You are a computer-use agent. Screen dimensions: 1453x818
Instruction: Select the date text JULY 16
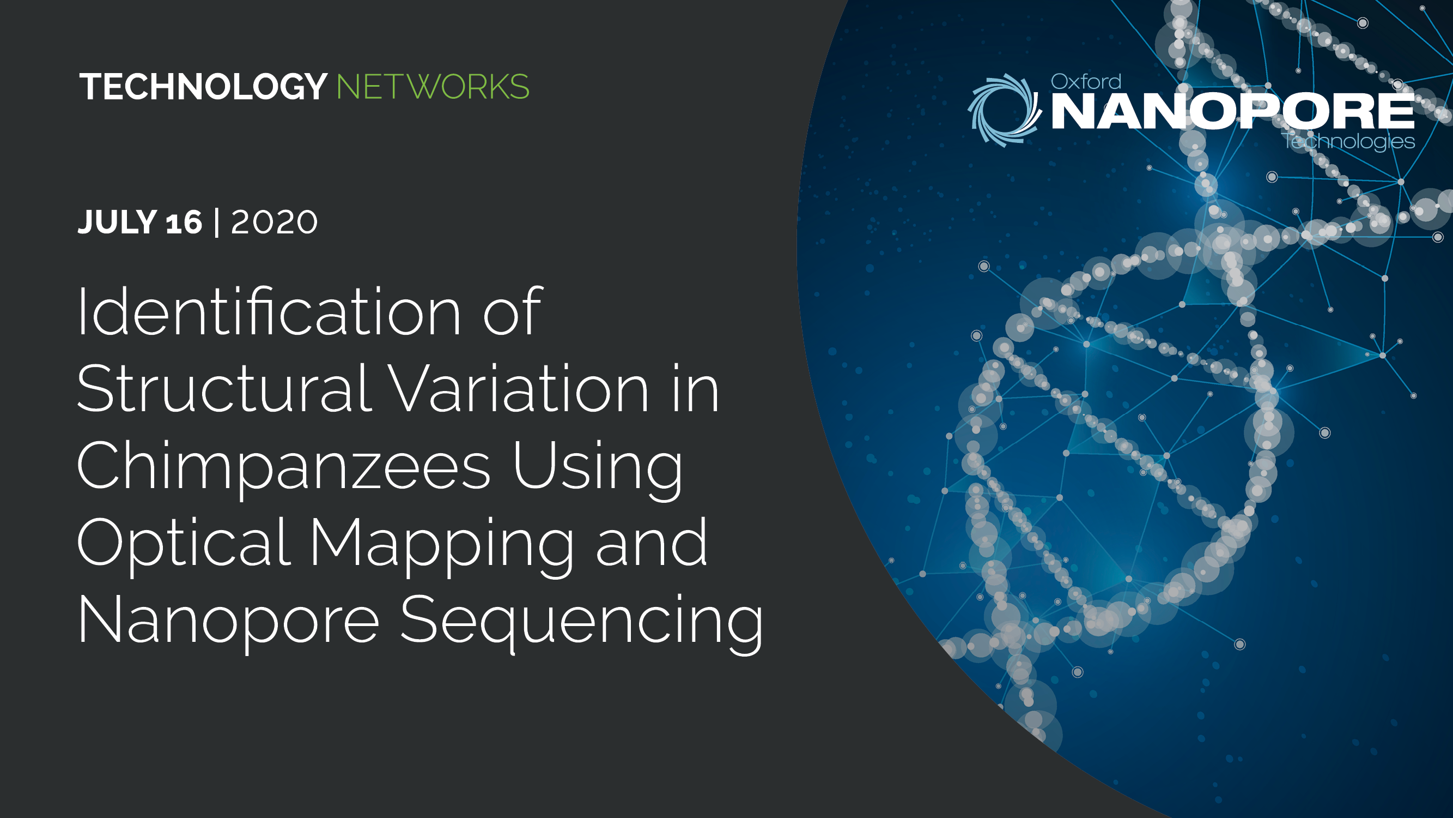point(140,222)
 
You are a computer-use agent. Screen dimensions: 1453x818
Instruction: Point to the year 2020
point(274,222)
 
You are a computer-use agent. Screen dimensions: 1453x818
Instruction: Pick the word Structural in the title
point(224,388)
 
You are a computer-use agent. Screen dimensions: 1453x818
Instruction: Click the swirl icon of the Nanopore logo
point(1005,110)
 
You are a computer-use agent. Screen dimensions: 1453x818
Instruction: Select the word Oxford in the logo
point(1086,82)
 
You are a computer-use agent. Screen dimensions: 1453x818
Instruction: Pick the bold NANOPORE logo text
point(1233,111)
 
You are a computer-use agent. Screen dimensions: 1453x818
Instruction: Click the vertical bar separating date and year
point(217,222)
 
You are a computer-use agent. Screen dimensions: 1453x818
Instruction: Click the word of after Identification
point(513,311)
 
